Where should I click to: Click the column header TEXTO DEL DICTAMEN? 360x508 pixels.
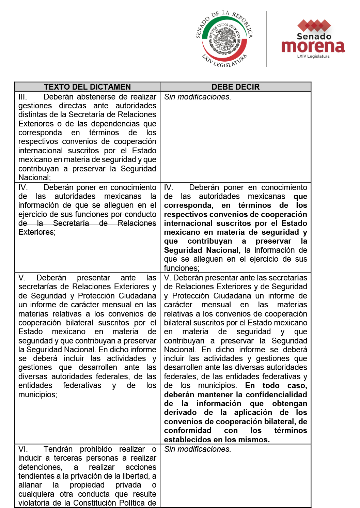[87, 87]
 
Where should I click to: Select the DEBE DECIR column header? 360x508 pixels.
[235, 87]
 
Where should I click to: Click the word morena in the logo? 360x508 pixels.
[313, 46]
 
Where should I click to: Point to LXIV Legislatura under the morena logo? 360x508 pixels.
[313, 56]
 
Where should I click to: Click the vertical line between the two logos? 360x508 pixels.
[266, 39]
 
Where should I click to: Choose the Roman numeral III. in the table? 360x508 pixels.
[22, 97]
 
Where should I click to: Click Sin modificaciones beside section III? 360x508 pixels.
[198, 97]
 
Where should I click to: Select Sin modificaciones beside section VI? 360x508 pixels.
[198, 449]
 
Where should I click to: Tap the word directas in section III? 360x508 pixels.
[72, 106]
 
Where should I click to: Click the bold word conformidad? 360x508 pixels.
[187, 431]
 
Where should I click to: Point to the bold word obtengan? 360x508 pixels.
[289, 404]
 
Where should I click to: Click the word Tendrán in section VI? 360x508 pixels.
[58, 449]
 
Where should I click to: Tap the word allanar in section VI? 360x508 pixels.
[30, 485]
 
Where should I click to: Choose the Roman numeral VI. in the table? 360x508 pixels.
[23, 449]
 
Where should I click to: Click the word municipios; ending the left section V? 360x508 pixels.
[37, 395]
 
